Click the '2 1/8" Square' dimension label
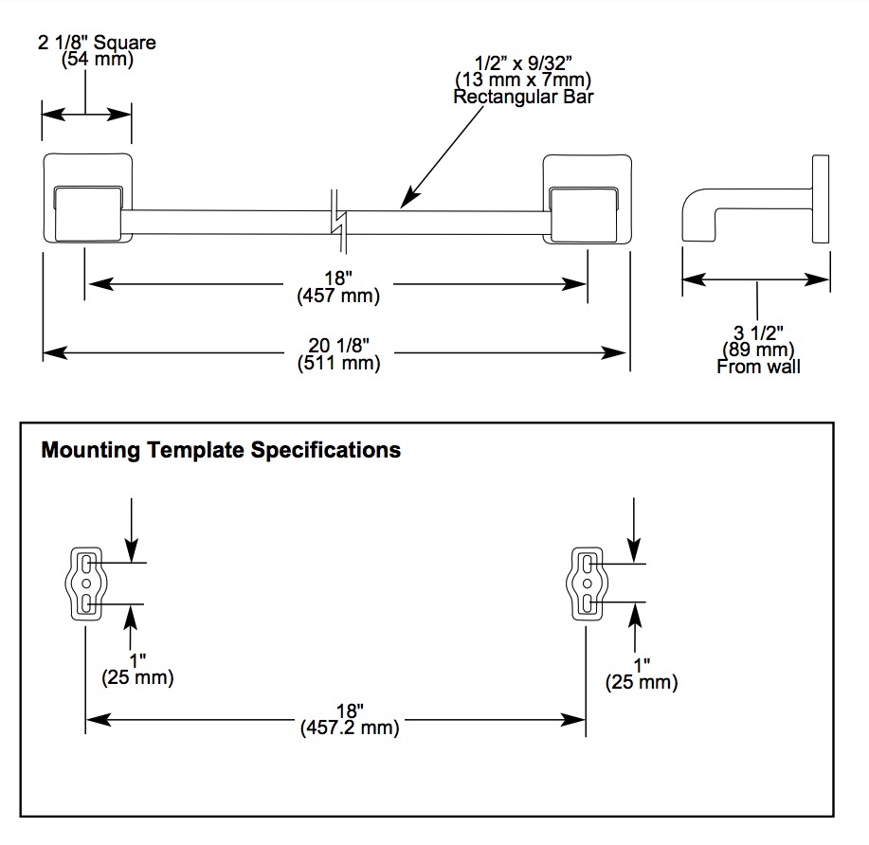pyautogui.click(x=97, y=42)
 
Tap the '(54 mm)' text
pyautogui.click(x=98, y=59)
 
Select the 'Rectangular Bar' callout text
pyautogui.click(x=523, y=97)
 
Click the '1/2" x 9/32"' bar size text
pyautogui.click(x=523, y=63)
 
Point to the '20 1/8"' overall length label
pyautogui.click(x=338, y=345)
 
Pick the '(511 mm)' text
pyautogui.click(x=338, y=363)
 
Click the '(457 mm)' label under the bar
pyautogui.click(x=338, y=296)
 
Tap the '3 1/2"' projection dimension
pyautogui.click(x=758, y=333)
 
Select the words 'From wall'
pyautogui.click(x=758, y=367)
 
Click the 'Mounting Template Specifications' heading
pyautogui.click(x=221, y=450)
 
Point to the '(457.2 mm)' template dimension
pyautogui.click(x=350, y=727)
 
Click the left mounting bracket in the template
pyautogui.click(x=86, y=584)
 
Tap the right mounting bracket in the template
pyautogui.click(x=587, y=584)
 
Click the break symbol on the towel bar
pyautogui.click(x=338, y=222)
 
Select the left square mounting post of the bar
pyautogui.click(x=87, y=198)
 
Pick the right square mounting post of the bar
pyautogui.click(x=588, y=199)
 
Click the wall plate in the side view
pyautogui.click(x=821, y=199)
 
